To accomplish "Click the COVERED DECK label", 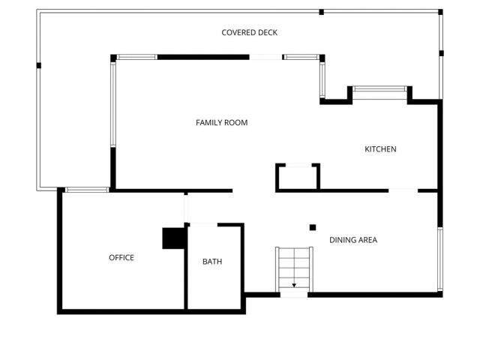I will tap(250, 32).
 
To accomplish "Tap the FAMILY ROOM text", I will tap(221, 122).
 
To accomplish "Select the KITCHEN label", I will tap(380, 149).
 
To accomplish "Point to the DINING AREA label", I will tap(352, 240).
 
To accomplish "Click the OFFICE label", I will tap(121, 257).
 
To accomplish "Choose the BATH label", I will tap(212, 262).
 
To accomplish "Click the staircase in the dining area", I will tap(294, 268).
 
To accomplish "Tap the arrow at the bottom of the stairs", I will tap(294, 285).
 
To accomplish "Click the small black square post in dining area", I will tap(313, 227).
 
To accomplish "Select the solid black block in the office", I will tap(173, 238).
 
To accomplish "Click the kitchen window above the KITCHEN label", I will tap(379, 88).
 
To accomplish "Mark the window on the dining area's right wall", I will tap(439, 259).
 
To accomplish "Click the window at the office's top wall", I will tap(87, 190).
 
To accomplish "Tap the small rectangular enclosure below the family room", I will tap(298, 177).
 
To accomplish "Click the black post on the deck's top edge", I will tap(322, 12).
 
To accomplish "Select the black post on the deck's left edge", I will tap(38, 65).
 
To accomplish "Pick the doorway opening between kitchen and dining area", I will tap(403, 190).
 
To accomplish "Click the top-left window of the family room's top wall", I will tap(136, 57).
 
